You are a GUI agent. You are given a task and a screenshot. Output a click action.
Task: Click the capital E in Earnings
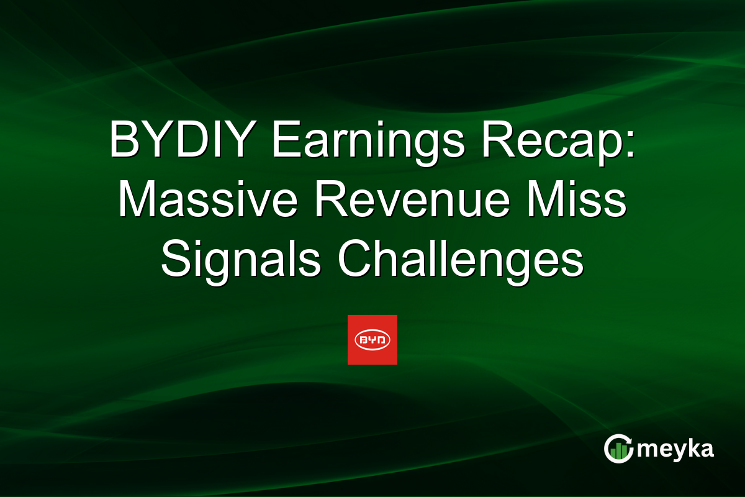coord(284,142)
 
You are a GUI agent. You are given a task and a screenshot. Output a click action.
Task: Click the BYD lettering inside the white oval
coord(372,340)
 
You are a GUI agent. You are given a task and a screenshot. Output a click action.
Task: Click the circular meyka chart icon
coord(618,449)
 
